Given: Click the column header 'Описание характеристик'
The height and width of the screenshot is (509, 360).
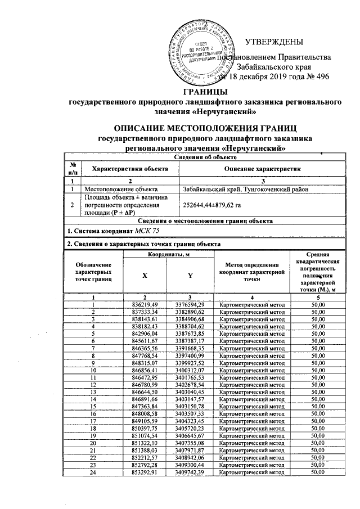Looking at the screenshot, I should (263, 169).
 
